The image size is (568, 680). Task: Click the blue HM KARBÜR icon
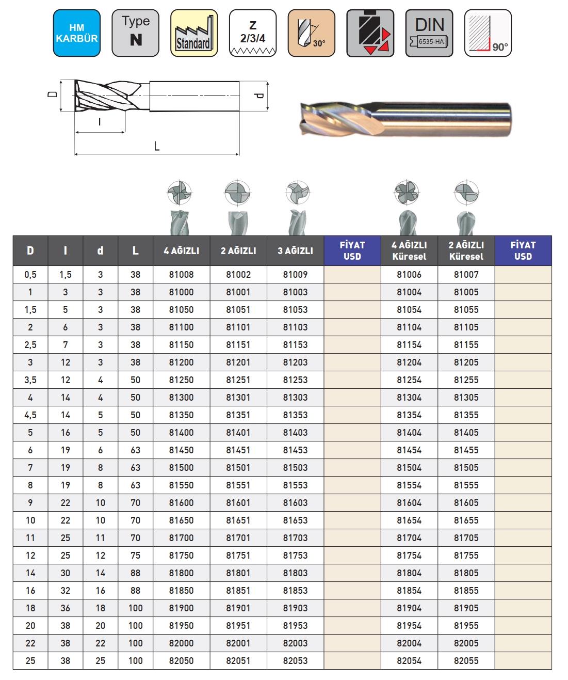[x=76, y=33]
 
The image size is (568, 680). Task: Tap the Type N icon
[x=135, y=33]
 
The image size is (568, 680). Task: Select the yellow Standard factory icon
[x=194, y=33]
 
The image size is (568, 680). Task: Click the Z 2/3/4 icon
[x=253, y=33]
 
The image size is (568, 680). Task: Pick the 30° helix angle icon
[x=312, y=33]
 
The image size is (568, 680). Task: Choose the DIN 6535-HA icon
[x=429, y=33]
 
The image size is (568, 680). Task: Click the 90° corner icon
[x=488, y=33]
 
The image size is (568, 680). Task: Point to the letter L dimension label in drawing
[x=157, y=146]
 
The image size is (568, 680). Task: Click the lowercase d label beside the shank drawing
[x=259, y=96]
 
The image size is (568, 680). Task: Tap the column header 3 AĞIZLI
[x=295, y=251]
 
